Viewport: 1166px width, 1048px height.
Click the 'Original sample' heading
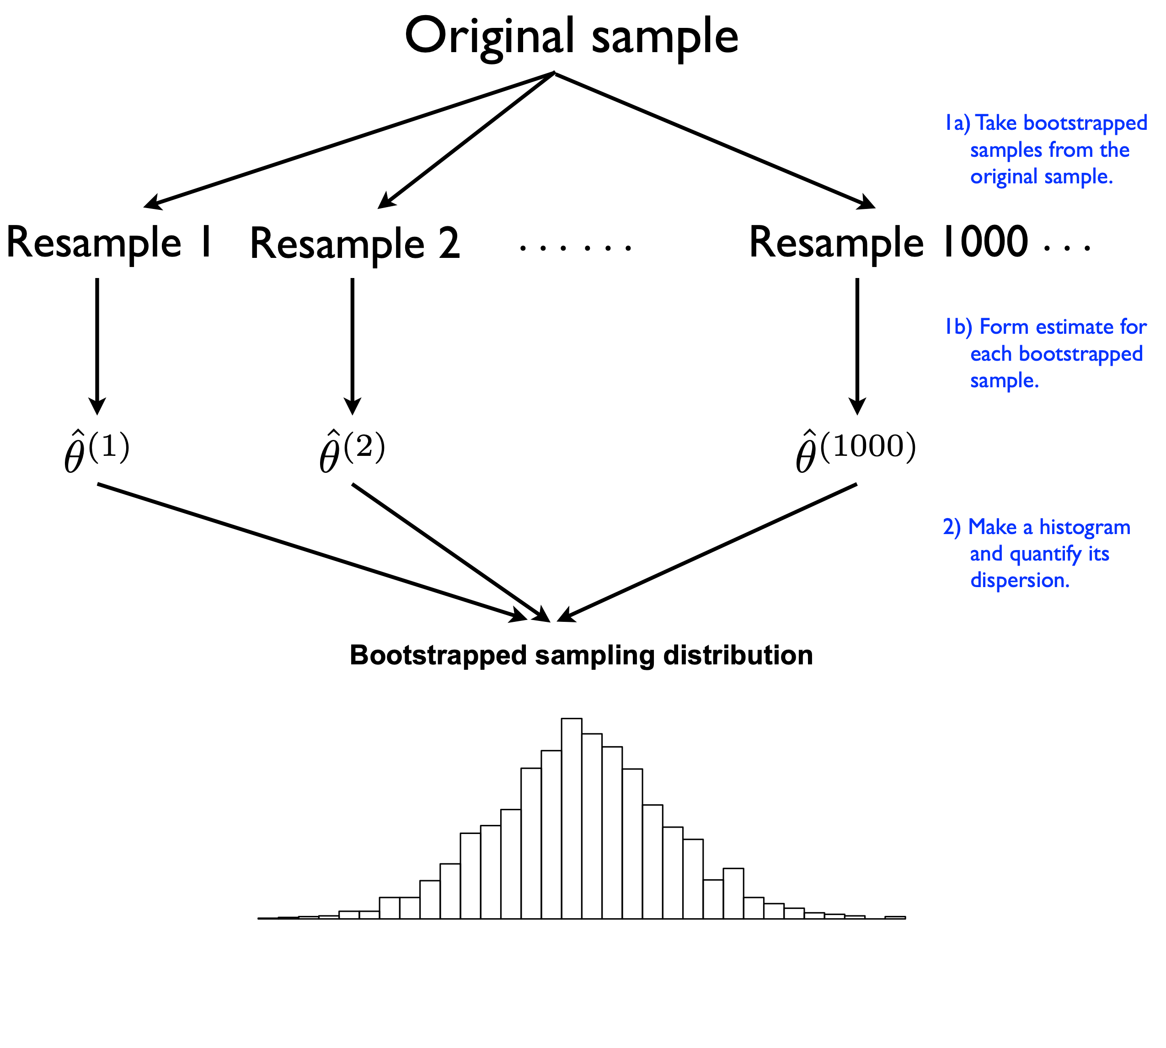pyautogui.click(x=571, y=36)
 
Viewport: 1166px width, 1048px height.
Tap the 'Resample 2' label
pyautogui.click(x=355, y=244)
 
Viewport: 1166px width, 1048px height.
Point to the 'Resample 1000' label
pyautogui.click(x=888, y=242)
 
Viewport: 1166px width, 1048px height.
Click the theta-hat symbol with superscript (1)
pyautogui.click(x=96, y=452)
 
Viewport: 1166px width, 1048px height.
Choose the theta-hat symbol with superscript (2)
pyautogui.click(x=352, y=452)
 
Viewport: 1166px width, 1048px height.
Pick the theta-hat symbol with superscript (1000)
pyautogui.click(x=855, y=452)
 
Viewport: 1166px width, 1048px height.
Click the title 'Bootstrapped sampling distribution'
pyautogui.click(x=581, y=655)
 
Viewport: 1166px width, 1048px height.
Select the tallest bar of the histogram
pyautogui.click(x=571, y=818)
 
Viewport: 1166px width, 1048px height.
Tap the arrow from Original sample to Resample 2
pyautogui.click(x=466, y=139)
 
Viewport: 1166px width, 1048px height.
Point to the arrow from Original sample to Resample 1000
pyautogui.click(x=714, y=139)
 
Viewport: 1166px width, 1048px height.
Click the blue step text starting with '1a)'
pyautogui.click(x=1045, y=150)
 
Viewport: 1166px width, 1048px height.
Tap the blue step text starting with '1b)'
pyautogui.click(x=1045, y=353)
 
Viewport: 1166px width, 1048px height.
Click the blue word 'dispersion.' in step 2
pyautogui.click(x=1020, y=580)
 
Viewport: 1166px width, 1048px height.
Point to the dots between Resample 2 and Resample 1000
pyautogui.click(x=575, y=248)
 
